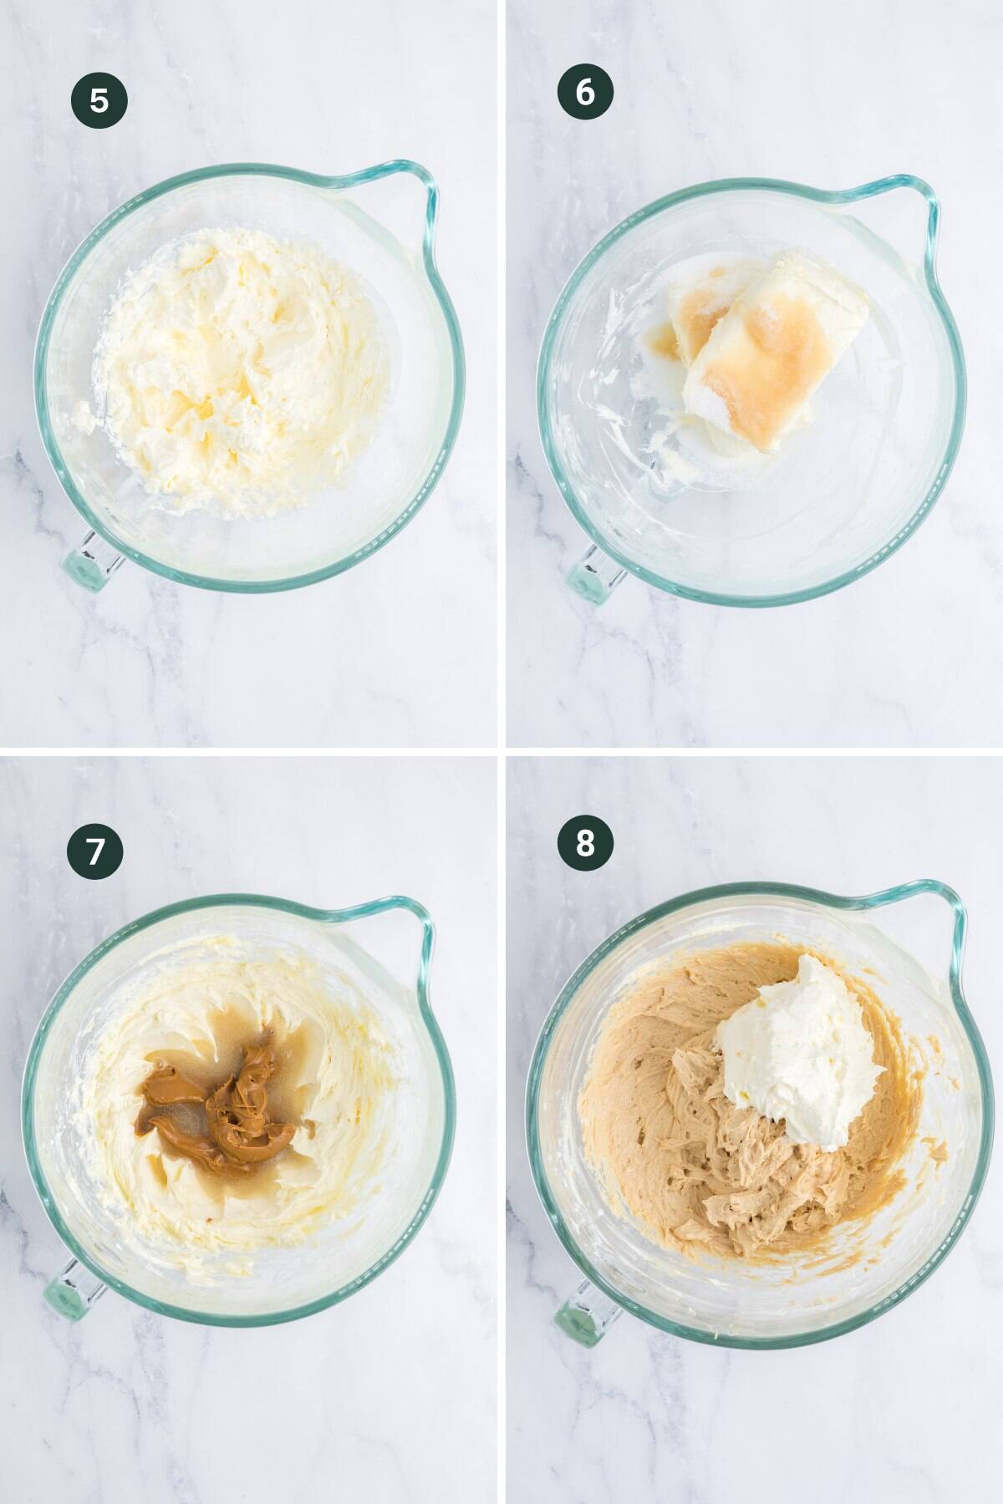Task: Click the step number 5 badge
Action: point(99,100)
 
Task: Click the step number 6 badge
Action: point(585,92)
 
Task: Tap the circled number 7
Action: point(95,851)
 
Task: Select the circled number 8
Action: point(585,844)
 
